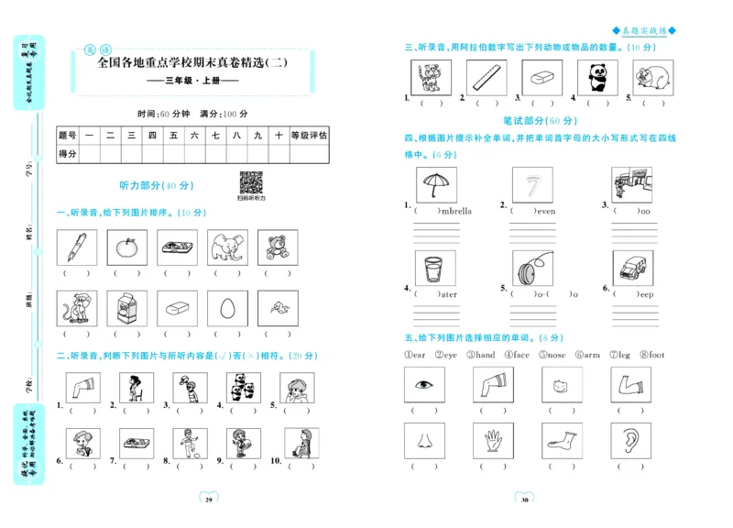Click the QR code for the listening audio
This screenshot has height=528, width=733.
(x=250, y=182)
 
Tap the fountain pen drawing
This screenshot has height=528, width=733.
(x=76, y=247)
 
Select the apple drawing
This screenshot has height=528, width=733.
(x=126, y=247)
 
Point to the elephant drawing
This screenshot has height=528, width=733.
(x=226, y=247)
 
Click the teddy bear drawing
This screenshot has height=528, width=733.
(x=276, y=247)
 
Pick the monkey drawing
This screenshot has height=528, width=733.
(x=76, y=308)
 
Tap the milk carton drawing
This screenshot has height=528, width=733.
(x=126, y=308)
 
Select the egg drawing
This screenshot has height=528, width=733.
(x=226, y=308)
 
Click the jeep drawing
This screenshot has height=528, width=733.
(x=632, y=269)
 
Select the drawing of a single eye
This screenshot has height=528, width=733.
(x=424, y=385)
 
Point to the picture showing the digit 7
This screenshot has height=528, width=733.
(x=531, y=185)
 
